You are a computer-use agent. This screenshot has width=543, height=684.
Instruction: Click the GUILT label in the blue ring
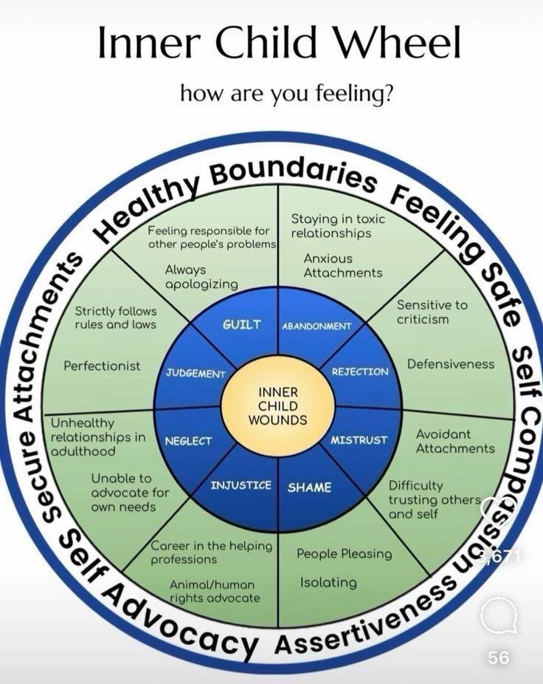pyautogui.click(x=241, y=324)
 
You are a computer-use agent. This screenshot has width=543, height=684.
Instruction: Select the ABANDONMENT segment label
pyautogui.click(x=316, y=326)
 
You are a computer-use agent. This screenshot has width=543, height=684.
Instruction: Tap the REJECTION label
pyautogui.click(x=359, y=372)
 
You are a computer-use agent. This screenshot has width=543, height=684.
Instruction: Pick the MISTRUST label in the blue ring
pyautogui.click(x=359, y=440)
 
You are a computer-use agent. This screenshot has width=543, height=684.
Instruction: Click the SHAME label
pyautogui.click(x=309, y=488)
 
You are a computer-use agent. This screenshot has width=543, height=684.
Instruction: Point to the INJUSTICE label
pyautogui.click(x=241, y=485)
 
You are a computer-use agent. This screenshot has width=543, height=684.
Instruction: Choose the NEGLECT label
pyautogui.click(x=187, y=441)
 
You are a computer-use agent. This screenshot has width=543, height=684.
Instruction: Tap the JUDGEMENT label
pyautogui.click(x=195, y=373)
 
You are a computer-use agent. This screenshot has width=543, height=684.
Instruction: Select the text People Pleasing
pyautogui.click(x=344, y=553)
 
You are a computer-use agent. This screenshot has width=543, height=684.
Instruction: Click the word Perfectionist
pyautogui.click(x=102, y=366)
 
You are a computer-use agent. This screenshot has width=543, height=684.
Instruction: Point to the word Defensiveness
pyautogui.click(x=451, y=364)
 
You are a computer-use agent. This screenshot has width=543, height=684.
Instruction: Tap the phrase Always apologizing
pyautogui.click(x=201, y=277)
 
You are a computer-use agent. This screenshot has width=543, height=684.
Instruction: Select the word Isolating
pyautogui.click(x=328, y=583)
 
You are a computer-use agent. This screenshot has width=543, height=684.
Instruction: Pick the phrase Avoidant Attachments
pyautogui.click(x=454, y=441)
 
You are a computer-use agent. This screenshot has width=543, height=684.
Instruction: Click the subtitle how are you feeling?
pyautogui.click(x=286, y=94)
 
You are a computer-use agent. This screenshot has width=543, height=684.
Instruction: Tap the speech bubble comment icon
pyautogui.click(x=499, y=616)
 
